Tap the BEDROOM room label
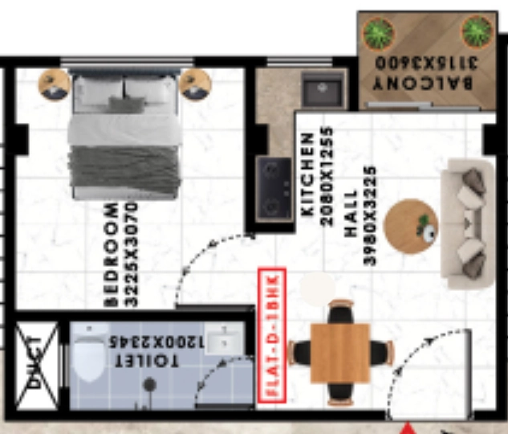[112, 255]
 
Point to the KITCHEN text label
[307, 174]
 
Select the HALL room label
[351, 213]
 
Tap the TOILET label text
[147, 360]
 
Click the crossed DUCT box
[37, 365]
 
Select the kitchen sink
[322, 89]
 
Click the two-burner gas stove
[274, 189]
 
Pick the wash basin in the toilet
[224, 338]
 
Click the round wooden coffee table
[410, 227]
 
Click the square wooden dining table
[339, 353]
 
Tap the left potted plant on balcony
[379, 33]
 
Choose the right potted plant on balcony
[477, 32]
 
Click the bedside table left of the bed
[54, 84]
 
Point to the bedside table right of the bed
[195, 84]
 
